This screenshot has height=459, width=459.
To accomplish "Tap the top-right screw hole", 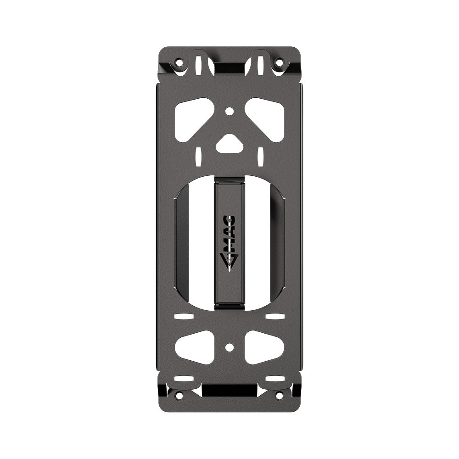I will click(279, 62).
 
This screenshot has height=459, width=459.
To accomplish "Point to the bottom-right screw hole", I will click(279, 395).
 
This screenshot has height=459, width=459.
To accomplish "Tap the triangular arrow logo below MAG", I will click(229, 262).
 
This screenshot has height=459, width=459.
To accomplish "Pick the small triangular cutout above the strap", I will click(229, 145).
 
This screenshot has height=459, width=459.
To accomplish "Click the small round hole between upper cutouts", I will click(229, 111).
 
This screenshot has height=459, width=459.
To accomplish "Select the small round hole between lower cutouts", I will click(229, 347).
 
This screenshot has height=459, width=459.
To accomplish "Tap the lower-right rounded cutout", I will click(263, 347).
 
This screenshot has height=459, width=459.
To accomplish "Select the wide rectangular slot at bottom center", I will click(229, 391).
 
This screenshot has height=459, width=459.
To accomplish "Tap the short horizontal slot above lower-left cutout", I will click(184, 317).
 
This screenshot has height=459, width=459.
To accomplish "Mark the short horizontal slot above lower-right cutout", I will click(274, 317).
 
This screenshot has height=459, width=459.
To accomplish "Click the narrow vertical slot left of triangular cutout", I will click(198, 156).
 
